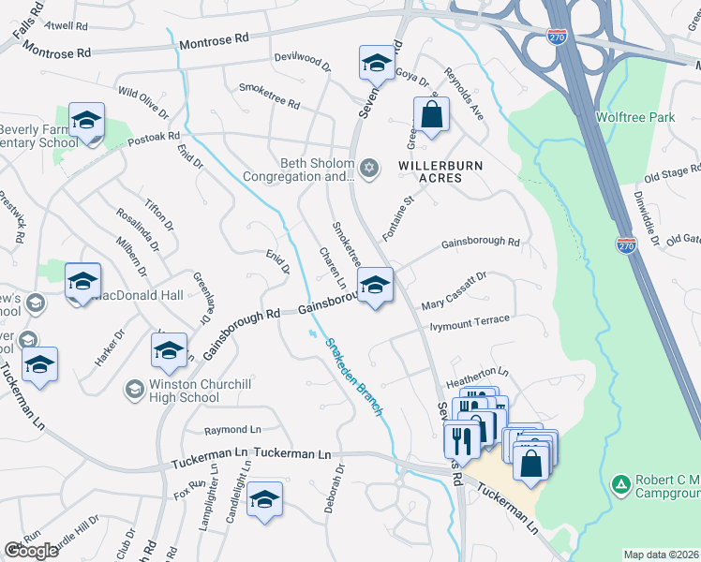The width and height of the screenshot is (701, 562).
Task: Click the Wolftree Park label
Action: click(x=634, y=118)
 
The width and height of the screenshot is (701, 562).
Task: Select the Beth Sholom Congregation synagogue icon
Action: click(x=369, y=168)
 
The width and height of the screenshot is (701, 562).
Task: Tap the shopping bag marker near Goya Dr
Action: click(x=431, y=117)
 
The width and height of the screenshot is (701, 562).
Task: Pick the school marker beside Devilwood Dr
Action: click(x=377, y=64)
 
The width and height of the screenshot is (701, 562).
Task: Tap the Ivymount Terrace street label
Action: click(x=469, y=324)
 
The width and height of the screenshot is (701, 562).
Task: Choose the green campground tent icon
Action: click(x=619, y=484)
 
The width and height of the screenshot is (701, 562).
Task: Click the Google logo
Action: click(x=32, y=551)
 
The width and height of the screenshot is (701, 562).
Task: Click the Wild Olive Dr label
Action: click(x=142, y=103)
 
